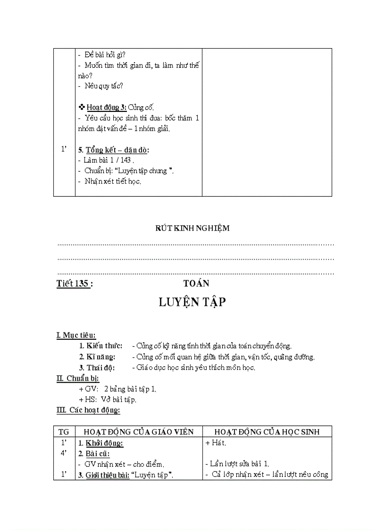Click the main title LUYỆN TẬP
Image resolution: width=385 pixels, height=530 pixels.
click(192, 303)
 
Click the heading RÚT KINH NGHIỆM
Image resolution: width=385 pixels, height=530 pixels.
click(192, 228)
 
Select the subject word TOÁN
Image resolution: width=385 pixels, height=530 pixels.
click(196, 283)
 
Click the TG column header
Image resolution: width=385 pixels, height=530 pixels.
click(64, 431)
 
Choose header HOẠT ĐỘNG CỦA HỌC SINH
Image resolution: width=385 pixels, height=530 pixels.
click(267, 431)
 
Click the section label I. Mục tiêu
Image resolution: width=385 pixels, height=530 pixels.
click(76, 336)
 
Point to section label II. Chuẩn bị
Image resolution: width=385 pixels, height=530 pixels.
click(77, 378)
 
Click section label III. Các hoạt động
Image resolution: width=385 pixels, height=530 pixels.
click(88, 410)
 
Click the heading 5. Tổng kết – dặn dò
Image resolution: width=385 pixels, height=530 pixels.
click(113, 150)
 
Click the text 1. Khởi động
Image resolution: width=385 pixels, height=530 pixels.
click(100, 443)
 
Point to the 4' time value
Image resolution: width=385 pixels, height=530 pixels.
click(64, 453)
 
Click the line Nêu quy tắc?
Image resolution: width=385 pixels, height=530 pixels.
click(100, 86)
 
